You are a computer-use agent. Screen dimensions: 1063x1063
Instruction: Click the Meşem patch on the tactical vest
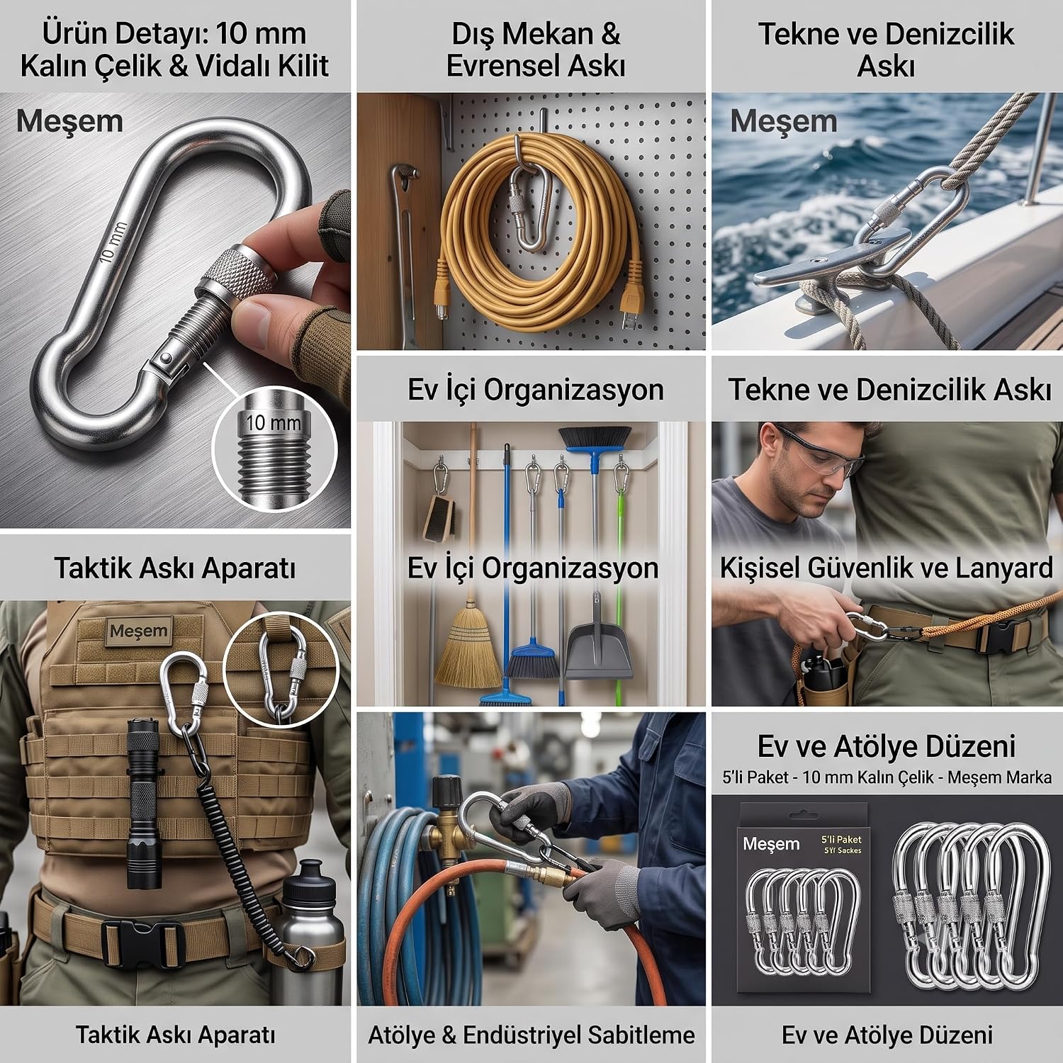pos(139,631)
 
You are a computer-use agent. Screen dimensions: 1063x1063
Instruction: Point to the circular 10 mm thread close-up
pos(272,449)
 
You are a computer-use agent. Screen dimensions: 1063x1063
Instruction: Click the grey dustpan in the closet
pos(599,639)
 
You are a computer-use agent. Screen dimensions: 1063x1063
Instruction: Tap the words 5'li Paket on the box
pos(841,839)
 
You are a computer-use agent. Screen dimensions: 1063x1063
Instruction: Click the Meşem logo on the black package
pos(771,844)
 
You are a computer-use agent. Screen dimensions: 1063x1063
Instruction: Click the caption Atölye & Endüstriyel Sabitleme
pos(531,1035)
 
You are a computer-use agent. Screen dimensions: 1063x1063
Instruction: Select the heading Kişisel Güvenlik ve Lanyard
pos(887,568)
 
